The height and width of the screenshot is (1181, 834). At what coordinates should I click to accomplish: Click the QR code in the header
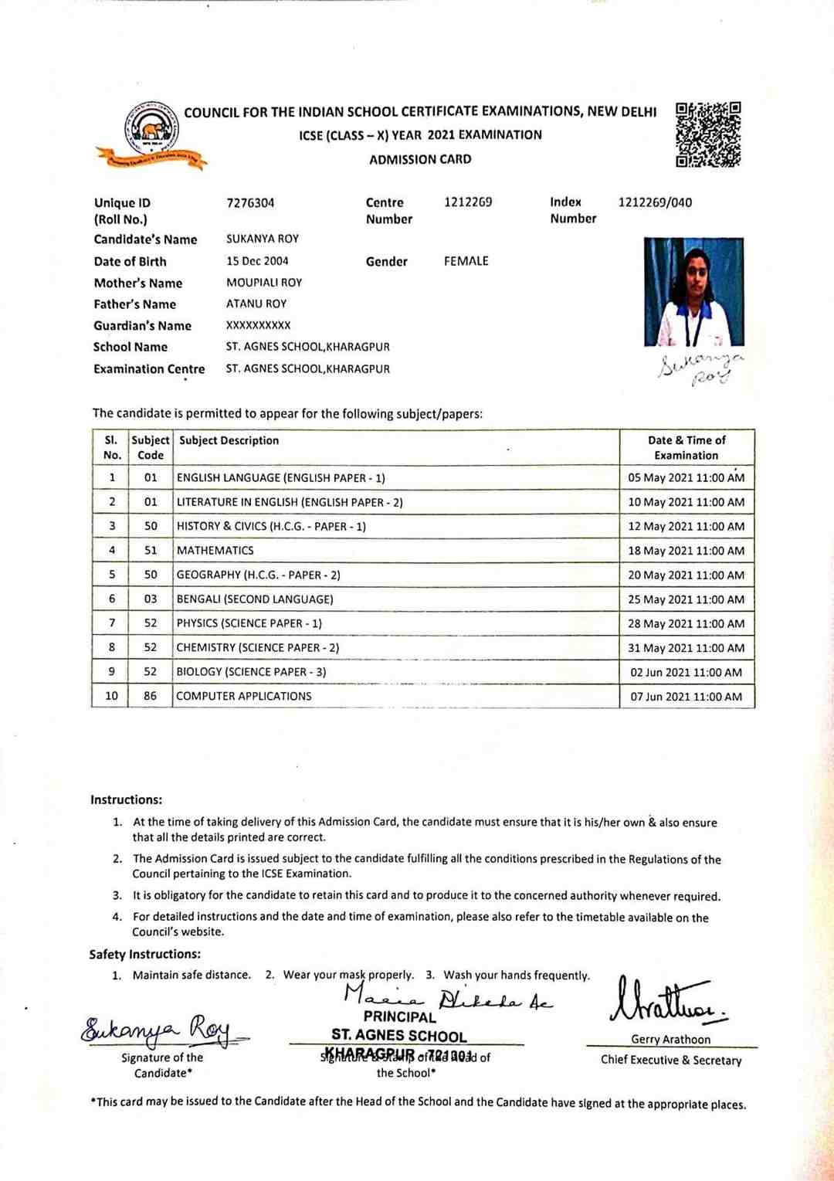click(708, 134)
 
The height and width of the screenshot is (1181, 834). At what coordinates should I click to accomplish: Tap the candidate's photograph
click(693, 291)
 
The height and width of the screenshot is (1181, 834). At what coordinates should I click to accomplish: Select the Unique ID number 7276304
click(250, 203)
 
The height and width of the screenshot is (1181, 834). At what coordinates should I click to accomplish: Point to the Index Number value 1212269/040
click(655, 202)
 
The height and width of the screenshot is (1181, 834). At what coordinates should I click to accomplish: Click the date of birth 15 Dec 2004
click(257, 261)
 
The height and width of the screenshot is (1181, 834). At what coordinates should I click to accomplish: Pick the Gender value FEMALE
click(466, 261)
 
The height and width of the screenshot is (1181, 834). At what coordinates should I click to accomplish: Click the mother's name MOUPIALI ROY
click(264, 283)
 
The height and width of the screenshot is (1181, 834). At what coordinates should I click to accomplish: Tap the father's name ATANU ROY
click(256, 304)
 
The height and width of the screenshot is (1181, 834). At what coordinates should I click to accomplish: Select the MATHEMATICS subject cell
click(215, 551)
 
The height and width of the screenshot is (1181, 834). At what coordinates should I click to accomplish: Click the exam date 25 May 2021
click(686, 599)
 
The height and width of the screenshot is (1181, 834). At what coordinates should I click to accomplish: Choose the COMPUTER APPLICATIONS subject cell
click(244, 696)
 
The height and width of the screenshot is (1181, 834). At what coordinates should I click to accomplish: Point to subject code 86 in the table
click(150, 696)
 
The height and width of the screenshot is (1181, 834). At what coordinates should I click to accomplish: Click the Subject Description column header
click(229, 440)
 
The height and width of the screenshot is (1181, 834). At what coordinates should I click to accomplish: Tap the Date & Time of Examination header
click(687, 448)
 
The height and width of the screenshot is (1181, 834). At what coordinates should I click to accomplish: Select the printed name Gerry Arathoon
click(670, 1040)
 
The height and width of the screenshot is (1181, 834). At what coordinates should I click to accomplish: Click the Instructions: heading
click(126, 799)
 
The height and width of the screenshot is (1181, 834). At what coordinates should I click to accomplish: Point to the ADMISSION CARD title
click(420, 160)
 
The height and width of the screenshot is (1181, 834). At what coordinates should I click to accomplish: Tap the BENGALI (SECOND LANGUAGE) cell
click(255, 599)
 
